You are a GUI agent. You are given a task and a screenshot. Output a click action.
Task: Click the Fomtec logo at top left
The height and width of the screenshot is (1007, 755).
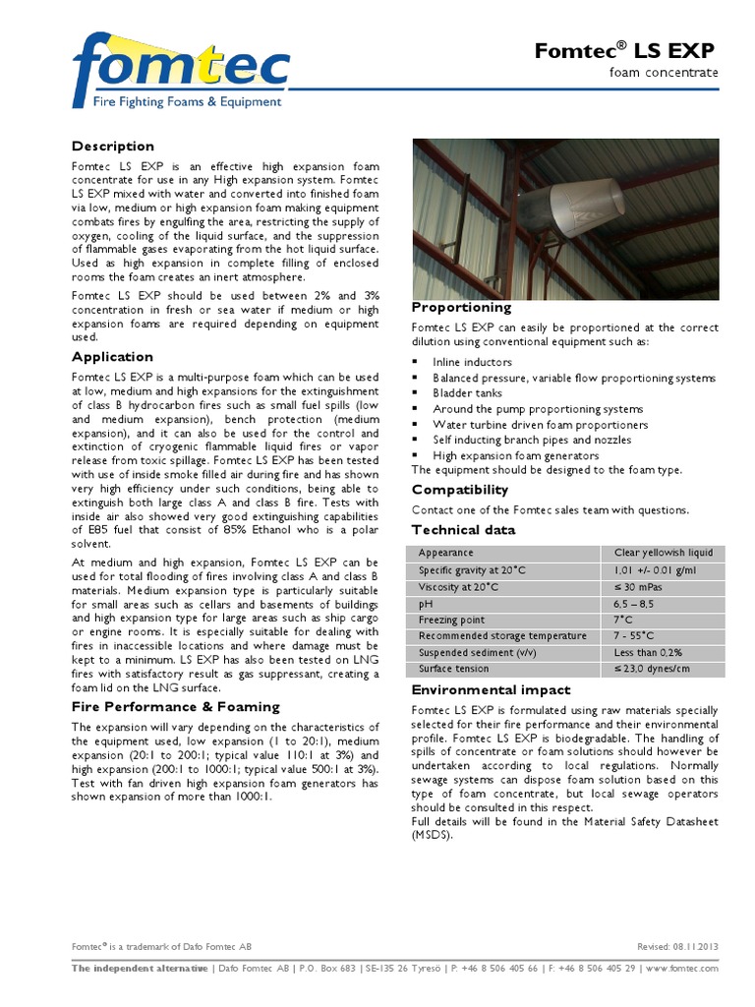click(180, 70)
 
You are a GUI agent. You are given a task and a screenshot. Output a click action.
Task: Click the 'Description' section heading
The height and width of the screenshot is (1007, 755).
click(113, 147)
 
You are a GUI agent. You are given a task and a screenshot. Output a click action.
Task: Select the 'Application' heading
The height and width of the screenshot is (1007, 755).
click(112, 357)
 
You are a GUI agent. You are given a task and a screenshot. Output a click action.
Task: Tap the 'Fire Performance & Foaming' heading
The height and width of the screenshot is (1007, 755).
click(176, 707)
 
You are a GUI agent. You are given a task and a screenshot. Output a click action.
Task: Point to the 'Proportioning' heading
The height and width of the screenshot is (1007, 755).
click(461, 308)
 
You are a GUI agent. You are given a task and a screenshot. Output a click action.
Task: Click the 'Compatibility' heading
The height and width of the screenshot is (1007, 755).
click(460, 490)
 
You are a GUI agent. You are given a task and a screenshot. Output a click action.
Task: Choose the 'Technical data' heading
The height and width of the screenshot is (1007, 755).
click(463, 530)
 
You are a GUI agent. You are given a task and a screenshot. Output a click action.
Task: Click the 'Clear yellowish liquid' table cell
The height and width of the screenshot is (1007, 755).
click(664, 553)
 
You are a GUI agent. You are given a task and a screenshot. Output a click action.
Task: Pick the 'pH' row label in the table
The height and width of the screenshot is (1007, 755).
click(426, 604)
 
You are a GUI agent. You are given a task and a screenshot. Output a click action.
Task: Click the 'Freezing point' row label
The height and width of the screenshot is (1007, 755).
click(451, 620)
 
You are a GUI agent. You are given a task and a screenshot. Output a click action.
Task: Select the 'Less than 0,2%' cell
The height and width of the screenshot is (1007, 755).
click(648, 652)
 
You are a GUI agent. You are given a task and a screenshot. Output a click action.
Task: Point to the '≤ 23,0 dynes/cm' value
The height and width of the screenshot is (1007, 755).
click(652, 669)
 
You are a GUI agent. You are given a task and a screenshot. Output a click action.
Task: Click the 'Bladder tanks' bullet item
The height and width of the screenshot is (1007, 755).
click(469, 393)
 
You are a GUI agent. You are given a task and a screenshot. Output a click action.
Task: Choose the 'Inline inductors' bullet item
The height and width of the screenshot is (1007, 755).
click(472, 362)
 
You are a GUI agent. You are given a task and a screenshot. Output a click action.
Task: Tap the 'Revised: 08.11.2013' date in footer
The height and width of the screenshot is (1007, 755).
click(677, 946)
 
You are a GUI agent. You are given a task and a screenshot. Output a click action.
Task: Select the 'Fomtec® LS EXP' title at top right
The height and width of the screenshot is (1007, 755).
click(625, 51)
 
